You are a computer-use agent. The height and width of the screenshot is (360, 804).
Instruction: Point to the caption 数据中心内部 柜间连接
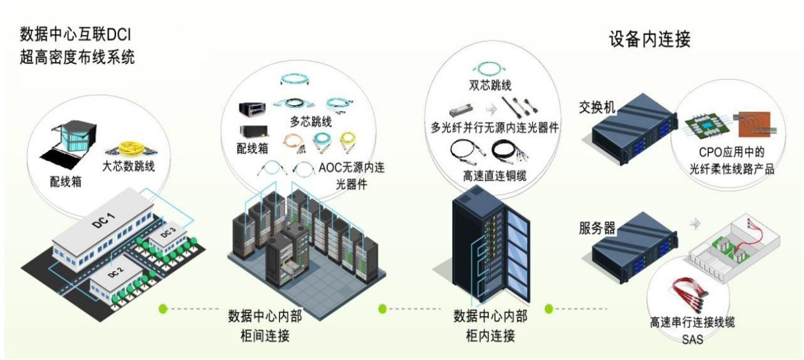pyautogui.click(x=263, y=325)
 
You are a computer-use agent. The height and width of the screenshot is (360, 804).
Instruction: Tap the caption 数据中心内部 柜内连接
pyautogui.click(x=490, y=325)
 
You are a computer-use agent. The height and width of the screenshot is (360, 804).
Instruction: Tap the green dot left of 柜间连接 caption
pyautogui.click(x=163, y=309)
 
